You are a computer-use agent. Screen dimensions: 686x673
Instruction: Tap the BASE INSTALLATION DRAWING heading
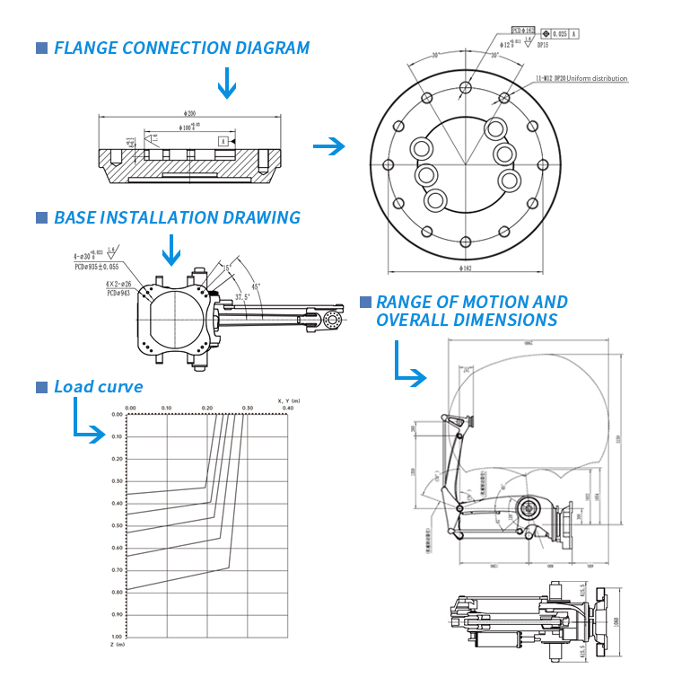pyautogui.click(x=177, y=217)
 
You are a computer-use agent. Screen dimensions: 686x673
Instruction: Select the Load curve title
pyautogui.click(x=98, y=387)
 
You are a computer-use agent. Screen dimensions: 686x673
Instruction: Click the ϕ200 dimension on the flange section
pyautogui.click(x=189, y=113)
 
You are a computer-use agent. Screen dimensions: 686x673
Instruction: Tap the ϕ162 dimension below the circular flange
pyautogui.click(x=464, y=268)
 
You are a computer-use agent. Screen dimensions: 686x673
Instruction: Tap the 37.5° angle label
pyautogui.click(x=242, y=296)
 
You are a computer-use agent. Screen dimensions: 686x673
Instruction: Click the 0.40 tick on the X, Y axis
pyautogui.click(x=287, y=408)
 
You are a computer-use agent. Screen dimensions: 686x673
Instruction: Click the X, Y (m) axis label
pyautogui.click(x=289, y=400)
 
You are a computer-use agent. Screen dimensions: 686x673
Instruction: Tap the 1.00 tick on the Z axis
pyautogui.click(x=118, y=636)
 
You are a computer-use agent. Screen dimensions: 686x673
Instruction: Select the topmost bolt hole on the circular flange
pyautogui.click(x=464, y=87)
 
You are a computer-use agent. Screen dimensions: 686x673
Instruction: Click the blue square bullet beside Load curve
pyautogui.click(x=41, y=387)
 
